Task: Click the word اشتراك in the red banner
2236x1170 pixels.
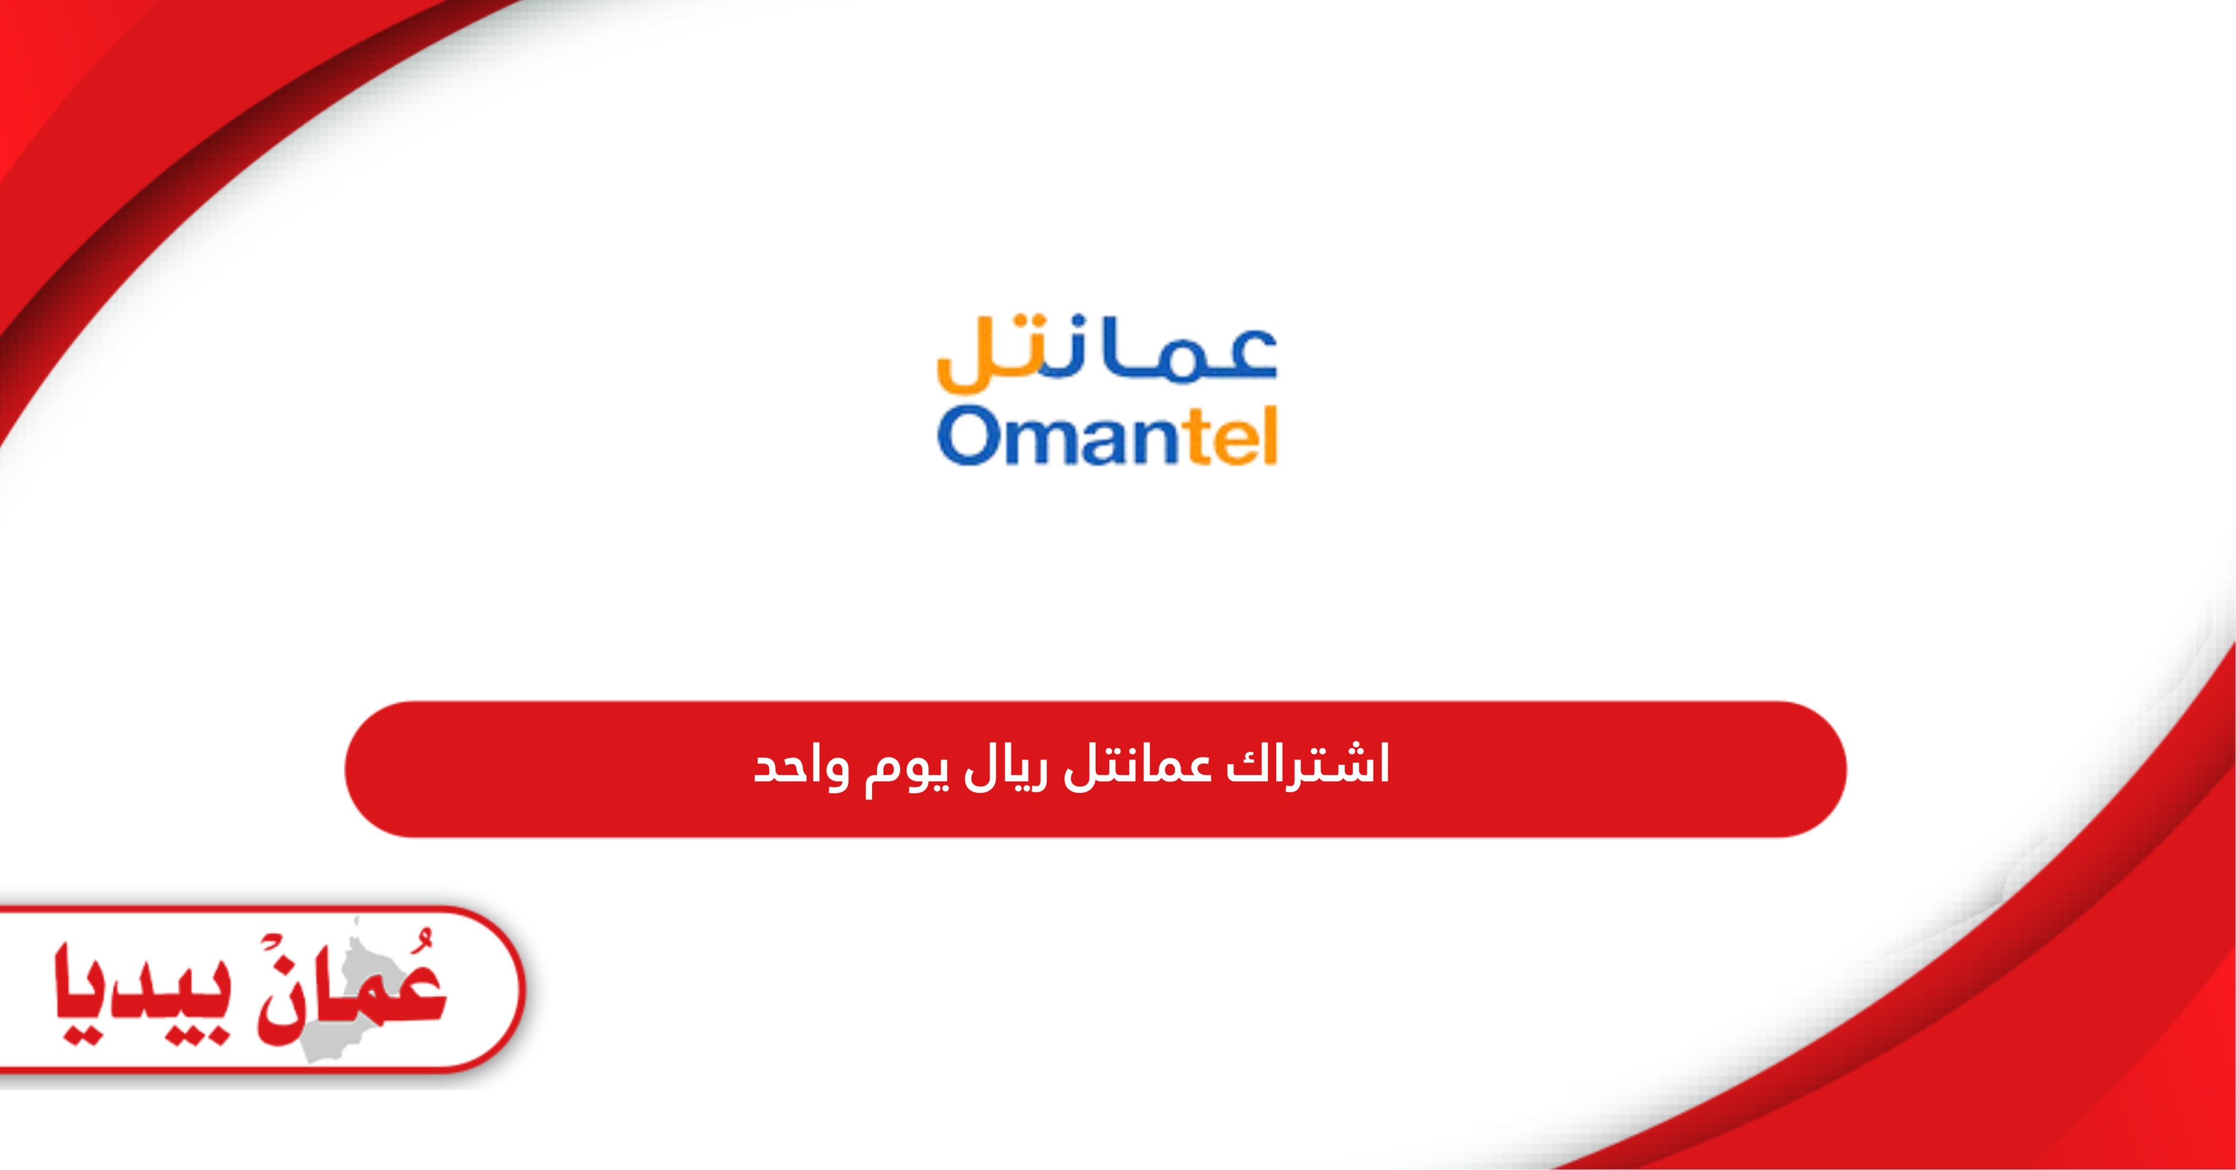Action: pos(1307,764)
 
